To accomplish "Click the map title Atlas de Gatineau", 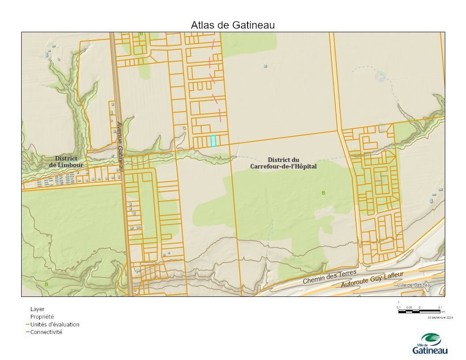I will (233, 25).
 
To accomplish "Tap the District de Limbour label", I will (66, 161).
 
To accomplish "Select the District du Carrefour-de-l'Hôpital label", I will (283, 163).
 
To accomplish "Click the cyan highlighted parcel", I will (214, 141).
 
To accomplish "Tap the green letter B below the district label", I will (323, 193).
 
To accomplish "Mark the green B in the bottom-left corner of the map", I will (46, 285).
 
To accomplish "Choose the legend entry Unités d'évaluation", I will (55, 324).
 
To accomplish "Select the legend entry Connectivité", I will (46, 332).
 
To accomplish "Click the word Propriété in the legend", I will (42, 316).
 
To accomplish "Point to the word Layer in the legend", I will (37, 309).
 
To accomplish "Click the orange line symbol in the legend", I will (27, 324).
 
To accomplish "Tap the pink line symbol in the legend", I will (27, 332).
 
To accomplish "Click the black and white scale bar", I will (419, 311).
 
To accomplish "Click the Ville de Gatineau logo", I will (429, 344).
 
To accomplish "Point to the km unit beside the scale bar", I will (443, 311).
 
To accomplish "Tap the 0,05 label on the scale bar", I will (409, 307).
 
